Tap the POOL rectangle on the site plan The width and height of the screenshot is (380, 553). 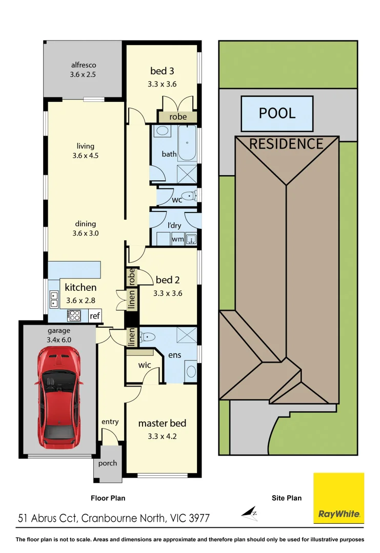point(277,113)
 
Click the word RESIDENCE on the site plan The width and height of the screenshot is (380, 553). point(286,144)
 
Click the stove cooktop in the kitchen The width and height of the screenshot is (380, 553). point(74,315)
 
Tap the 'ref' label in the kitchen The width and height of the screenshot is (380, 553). point(94,316)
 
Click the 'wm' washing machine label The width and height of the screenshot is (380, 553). point(177,239)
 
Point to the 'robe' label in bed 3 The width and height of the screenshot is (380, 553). point(177,117)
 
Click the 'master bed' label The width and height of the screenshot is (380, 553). point(162,423)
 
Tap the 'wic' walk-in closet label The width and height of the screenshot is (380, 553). point(144,366)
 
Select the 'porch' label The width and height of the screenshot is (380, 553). point(107,463)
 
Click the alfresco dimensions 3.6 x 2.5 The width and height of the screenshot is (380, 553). point(83,74)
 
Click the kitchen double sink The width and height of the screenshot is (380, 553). point(54,299)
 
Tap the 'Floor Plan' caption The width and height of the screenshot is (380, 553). point(108,498)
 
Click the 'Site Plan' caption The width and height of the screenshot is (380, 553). point(286,498)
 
